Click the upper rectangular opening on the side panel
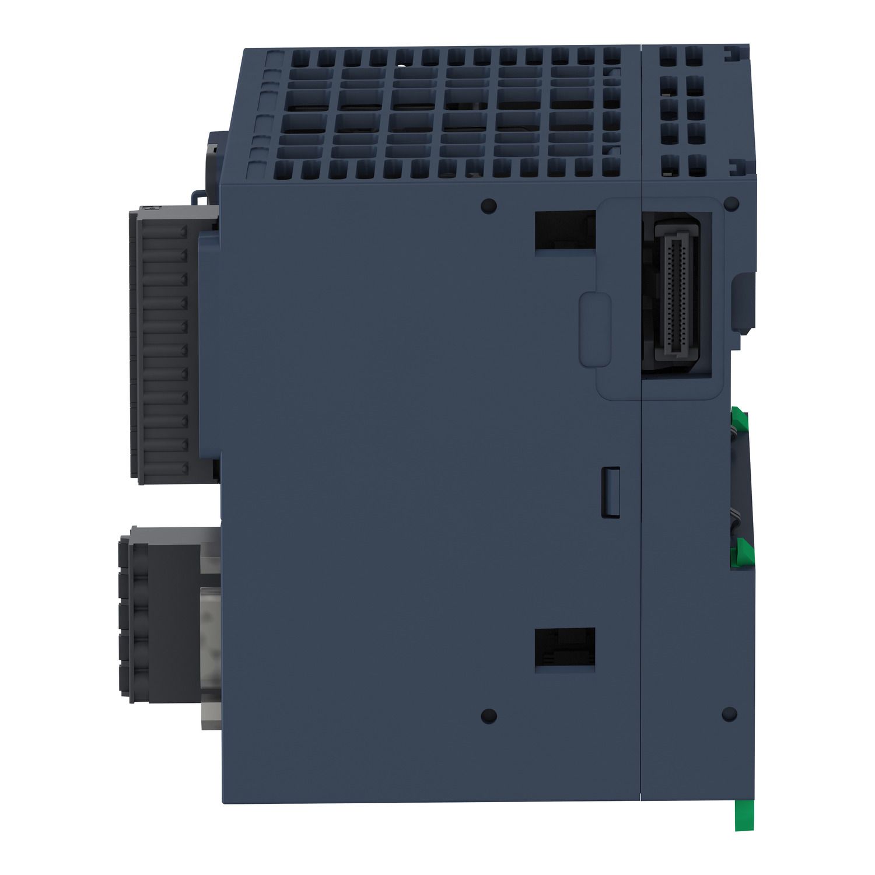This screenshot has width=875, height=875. point(565,230)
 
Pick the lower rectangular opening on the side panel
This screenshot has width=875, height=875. point(565,650)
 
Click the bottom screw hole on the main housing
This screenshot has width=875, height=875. point(485,715)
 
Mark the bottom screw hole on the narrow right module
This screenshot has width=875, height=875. point(729,713)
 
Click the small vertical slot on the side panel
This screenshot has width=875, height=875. point(610,491)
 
